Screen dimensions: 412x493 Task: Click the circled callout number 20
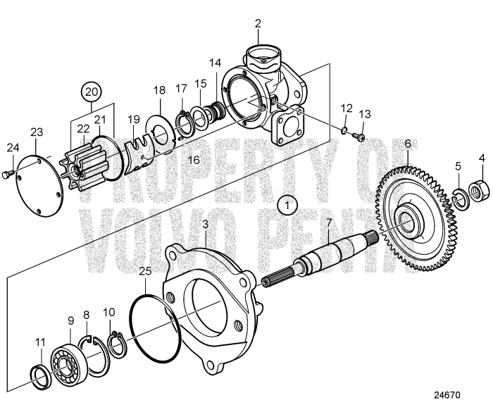click(x=89, y=91)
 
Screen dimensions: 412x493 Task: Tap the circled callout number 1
click(x=287, y=204)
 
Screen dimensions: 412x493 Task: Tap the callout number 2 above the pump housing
click(x=258, y=23)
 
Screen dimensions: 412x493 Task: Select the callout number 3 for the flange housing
click(x=205, y=225)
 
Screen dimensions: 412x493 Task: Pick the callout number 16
click(x=194, y=161)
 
